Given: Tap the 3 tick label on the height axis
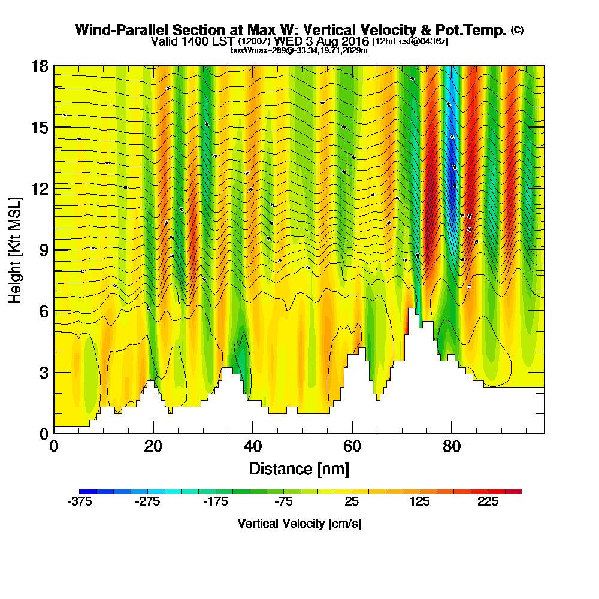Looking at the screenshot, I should tap(43, 373).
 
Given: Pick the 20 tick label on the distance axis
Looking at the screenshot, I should tap(153, 447).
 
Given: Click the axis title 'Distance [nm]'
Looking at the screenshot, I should tap(299, 468).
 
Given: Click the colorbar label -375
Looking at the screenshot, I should tap(79, 503).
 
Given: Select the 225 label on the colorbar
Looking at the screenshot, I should tap(488, 503).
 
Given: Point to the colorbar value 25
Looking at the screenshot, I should tap(352, 503).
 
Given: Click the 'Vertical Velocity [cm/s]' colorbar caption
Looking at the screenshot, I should tap(299, 524).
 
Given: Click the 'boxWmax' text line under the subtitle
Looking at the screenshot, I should tap(299, 50).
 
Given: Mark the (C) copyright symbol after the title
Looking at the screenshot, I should tap(518, 29).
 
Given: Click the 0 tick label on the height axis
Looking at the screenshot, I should tap(43, 434).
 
